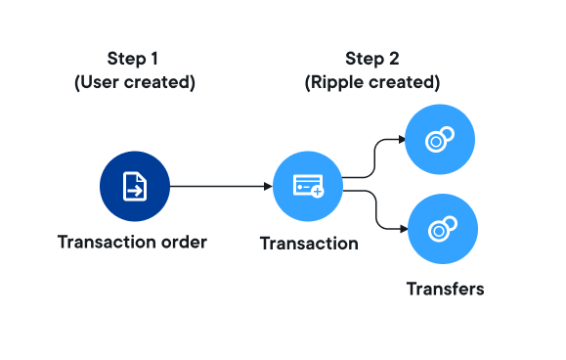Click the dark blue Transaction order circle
[135, 186]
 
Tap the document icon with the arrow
[135, 186]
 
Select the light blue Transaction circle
[308, 186]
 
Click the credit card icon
[308, 186]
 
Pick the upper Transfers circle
[440, 139]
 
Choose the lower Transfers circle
[443, 229]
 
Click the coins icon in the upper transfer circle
[440, 139]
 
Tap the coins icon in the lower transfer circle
[443, 229]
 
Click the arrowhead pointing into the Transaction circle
[268, 186]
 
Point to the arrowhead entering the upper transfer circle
[402, 139]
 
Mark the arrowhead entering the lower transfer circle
[404, 229]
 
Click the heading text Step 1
[133, 59]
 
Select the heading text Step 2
[372, 59]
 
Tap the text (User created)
[135, 82]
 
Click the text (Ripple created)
[372, 82]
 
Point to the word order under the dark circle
[184, 242]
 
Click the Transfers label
[446, 289]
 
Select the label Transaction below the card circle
[309, 244]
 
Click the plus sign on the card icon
[318, 192]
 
